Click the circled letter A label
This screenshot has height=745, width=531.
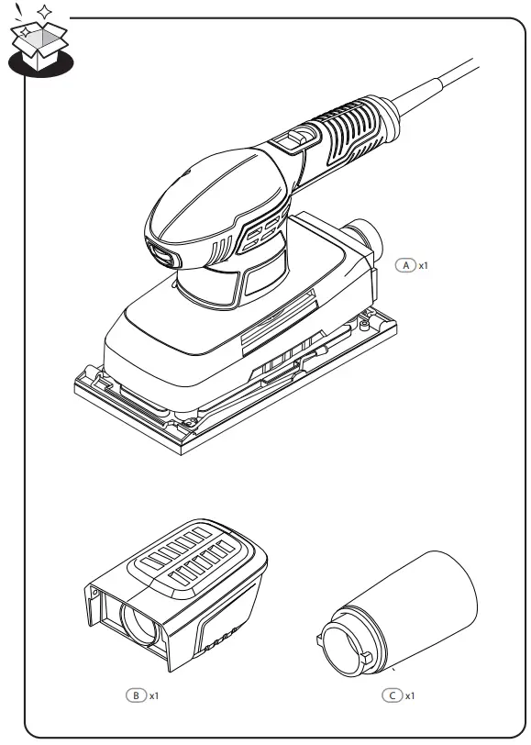coord(405,264)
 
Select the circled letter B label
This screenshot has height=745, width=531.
coord(136,695)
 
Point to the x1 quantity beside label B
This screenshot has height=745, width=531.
coord(155,695)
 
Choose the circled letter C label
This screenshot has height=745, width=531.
coord(392,695)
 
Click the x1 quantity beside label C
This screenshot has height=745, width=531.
coord(410,695)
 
